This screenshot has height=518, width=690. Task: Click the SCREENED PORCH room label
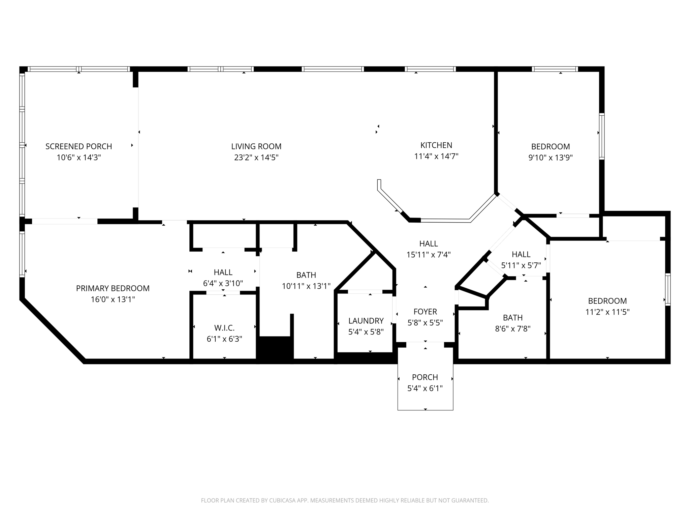pos(79,146)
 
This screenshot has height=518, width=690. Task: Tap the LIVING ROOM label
pos(256,146)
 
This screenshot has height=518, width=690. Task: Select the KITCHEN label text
pos(436,145)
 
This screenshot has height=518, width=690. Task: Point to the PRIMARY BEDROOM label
pos(113,288)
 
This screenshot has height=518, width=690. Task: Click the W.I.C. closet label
pos(224,328)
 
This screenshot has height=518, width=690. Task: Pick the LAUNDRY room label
pos(366,321)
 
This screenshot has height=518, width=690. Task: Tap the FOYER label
pos(425,312)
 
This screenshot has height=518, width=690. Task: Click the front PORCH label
pos(425,377)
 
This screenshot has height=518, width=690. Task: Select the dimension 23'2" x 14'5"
pos(256,157)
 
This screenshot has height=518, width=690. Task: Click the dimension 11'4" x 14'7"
pos(436,156)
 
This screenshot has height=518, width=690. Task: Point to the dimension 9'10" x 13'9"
pos(551,157)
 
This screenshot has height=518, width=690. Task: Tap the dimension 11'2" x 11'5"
pos(607,312)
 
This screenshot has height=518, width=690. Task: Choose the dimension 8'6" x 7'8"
pos(513,329)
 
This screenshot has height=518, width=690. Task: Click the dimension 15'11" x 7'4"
pos(429,255)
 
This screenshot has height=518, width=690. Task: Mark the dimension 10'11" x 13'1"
pos(306,286)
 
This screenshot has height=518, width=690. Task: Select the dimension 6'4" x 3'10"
pos(223,283)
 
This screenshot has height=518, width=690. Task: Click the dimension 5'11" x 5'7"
pos(521,265)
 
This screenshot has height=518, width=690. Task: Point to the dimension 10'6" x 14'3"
pos(79,157)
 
